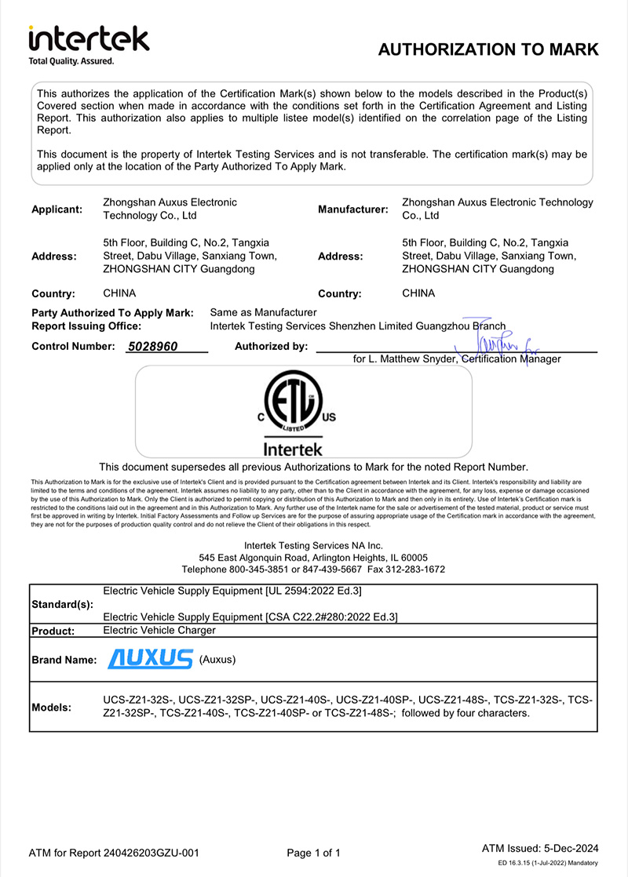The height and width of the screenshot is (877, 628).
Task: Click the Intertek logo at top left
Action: pyautogui.click(x=88, y=43)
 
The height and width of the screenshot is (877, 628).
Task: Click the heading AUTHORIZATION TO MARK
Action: pyautogui.click(x=488, y=50)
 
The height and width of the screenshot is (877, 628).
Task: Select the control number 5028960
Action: pyautogui.click(x=152, y=346)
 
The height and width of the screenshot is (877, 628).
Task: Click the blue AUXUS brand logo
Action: pyautogui.click(x=150, y=659)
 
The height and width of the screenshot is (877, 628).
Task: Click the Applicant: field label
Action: pyautogui.click(x=57, y=209)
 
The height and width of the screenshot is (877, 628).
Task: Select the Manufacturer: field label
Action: pyautogui.click(x=352, y=209)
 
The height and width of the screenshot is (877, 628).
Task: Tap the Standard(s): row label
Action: pyautogui.click(x=62, y=605)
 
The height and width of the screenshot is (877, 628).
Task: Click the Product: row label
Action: pyautogui.click(x=53, y=631)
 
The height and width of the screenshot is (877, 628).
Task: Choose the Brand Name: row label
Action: pyautogui.click(x=64, y=660)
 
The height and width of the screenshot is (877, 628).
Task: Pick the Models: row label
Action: pyautogui.click(x=51, y=707)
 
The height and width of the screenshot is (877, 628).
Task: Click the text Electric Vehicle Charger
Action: pyautogui.click(x=159, y=630)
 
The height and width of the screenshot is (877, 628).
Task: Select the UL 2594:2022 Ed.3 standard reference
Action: pyautogui.click(x=313, y=591)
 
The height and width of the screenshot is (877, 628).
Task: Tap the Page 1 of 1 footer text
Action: pyautogui.click(x=314, y=853)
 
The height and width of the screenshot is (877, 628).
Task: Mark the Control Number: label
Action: pyautogui.click(x=73, y=346)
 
